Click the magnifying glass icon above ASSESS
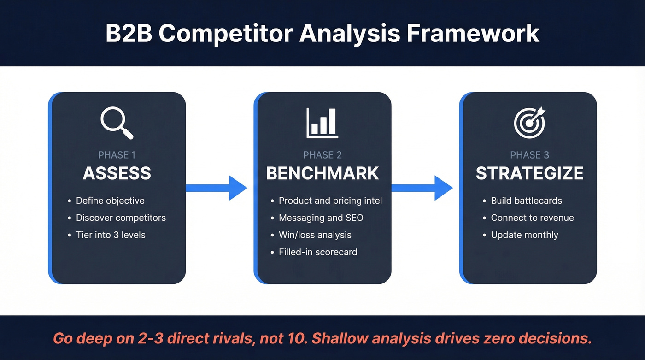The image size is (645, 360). (x=117, y=123)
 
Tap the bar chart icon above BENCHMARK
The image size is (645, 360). (x=322, y=123)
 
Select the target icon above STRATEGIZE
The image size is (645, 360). (x=529, y=123)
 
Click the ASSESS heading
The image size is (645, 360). (x=117, y=173)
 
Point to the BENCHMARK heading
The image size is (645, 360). (x=322, y=173)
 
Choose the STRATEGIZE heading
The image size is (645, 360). (x=529, y=173)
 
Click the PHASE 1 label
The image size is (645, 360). (x=117, y=155)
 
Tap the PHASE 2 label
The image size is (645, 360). (x=322, y=155)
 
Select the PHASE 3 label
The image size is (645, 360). (x=529, y=155)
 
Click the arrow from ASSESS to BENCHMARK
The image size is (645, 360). (x=217, y=188)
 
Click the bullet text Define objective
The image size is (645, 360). (x=110, y=201)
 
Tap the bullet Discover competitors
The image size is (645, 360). (x=121, y=218)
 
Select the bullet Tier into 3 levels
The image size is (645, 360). (x=111, y=235)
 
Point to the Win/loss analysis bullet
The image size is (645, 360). (x=315, y=235)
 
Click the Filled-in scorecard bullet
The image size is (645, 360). (x=318, y=252)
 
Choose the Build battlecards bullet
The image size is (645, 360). (x=526, y=201)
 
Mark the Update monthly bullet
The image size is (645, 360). (x=524, y=235)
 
